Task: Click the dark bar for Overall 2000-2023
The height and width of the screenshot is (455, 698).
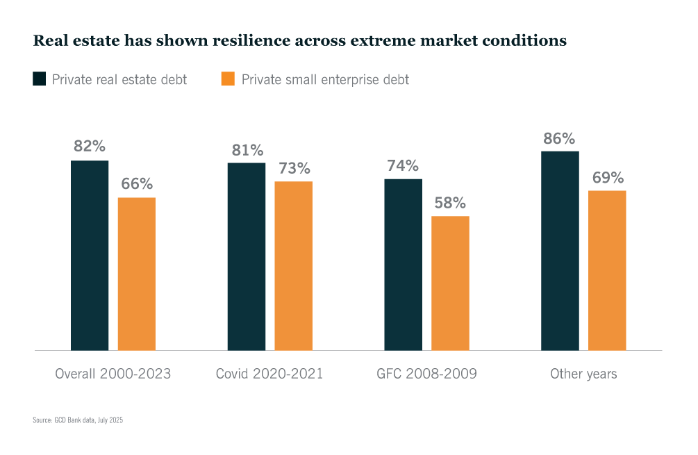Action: tap(90, 255)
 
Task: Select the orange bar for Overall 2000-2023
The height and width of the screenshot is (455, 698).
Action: tap(136, 274)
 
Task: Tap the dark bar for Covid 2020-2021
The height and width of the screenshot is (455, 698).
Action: tap(247, 256)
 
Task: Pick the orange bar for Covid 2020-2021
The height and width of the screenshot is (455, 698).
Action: tap(293, 265)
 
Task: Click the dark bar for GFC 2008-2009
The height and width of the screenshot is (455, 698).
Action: tap(403, 264)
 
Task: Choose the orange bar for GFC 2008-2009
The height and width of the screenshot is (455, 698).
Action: tap(450, 283)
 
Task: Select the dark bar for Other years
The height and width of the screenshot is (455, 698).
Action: tap(560, 250)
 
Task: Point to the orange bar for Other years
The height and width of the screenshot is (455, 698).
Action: tap(607, 270)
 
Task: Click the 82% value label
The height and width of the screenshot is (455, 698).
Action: tap(90, 147)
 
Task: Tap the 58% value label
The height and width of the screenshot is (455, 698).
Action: tap(450, 203)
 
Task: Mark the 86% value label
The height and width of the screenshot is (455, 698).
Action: tap(560, 138)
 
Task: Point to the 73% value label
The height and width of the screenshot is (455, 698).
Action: tap(294, 168)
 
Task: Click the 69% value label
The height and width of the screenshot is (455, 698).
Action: tap(607, 177)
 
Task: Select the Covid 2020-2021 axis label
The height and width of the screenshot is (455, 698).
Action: tap(269, 374)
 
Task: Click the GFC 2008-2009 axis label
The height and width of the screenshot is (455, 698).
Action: tap(426, 374)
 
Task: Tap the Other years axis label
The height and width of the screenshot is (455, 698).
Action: tap(583, 374)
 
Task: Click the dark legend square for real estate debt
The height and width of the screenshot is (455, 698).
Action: tap(40, 78)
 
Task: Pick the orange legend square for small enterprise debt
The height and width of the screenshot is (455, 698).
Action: tap(228, 78)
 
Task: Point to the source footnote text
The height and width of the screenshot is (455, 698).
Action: tap(77, 420)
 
